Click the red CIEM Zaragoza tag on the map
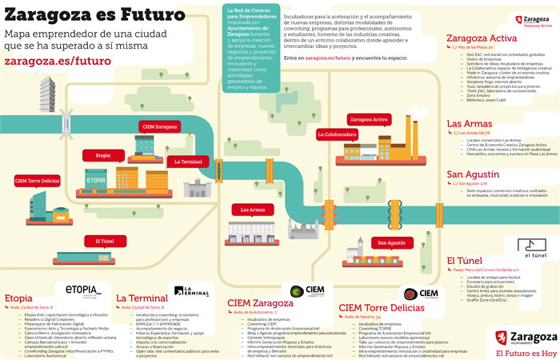[160, 126]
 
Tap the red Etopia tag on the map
[103, 155]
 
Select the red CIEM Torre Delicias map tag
[38, 181]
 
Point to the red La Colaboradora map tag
[336, 134]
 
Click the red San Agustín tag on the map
[392, 242]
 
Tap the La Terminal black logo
[191, 291]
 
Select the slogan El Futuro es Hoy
[526, 352]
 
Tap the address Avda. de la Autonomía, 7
[257, 312]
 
